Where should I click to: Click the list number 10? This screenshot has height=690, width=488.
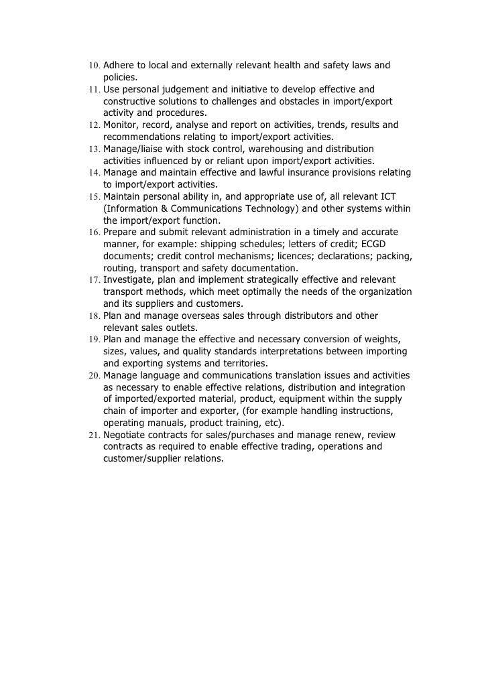(x=94, y=66)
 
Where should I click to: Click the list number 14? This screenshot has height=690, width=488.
(x=94, y=173)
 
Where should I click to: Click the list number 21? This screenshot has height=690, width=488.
(x=94, y=435)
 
